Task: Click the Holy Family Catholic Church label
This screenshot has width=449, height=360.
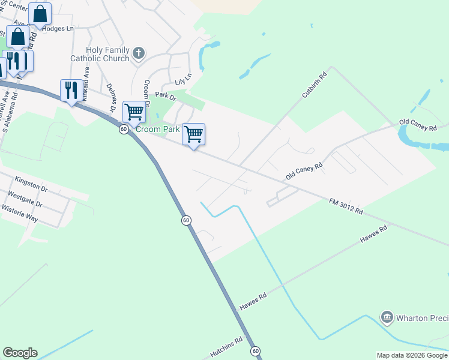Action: point(100,54)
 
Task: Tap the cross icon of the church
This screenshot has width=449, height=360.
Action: point(139,53)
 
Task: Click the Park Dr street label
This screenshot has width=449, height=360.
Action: point(166,95)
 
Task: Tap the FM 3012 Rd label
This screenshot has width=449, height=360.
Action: point(346,207)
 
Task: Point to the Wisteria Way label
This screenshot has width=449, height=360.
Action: point(20,214)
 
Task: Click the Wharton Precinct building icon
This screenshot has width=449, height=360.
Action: point(387,316)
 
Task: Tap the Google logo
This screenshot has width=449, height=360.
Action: point(20,353)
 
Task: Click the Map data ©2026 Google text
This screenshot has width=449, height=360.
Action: point(411,355)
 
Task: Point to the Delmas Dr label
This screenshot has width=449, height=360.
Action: point(110,96)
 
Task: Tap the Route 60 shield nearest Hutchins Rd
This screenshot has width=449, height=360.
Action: point(256,350)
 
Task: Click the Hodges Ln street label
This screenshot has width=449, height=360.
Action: point(58,28)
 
